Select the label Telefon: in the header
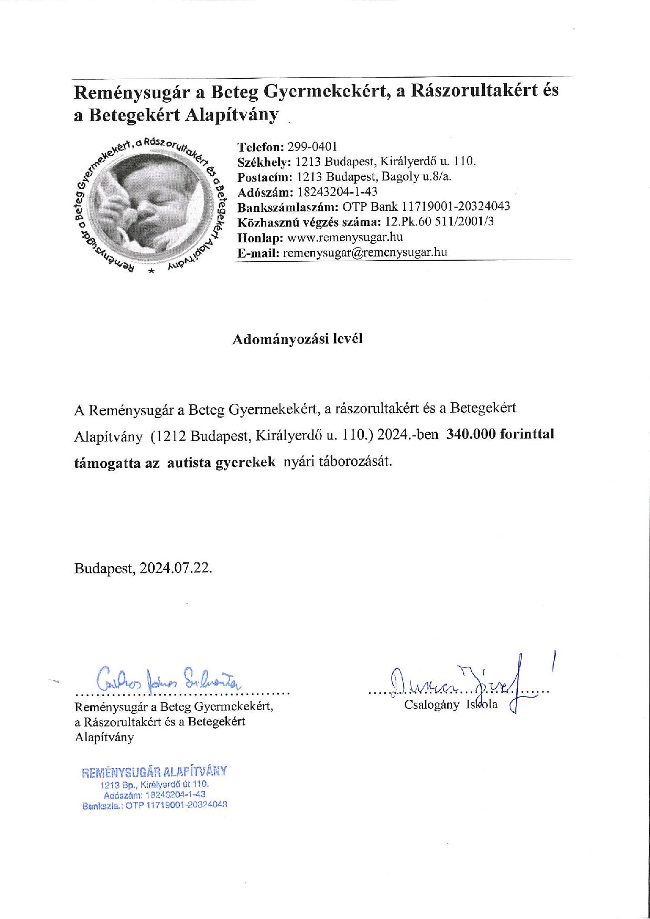[261, 146]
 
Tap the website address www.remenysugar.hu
[338, 237]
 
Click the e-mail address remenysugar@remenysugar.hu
[365, 252]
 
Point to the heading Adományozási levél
[297, 339]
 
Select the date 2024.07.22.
[176, 569]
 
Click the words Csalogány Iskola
[450, 704]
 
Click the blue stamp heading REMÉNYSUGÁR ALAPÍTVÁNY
[154, 772]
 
